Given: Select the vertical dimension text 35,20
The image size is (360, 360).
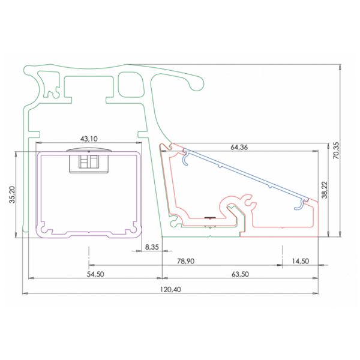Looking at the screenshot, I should pyautogui.click(x=12, y=195).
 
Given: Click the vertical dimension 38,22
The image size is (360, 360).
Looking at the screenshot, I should pyautogui.click(x=323, y=190).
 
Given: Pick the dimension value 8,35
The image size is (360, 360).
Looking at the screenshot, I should pyautogui.click(x=152, y=247).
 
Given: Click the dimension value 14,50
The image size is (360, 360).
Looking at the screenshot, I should pyautogui.click(x=300, y=261).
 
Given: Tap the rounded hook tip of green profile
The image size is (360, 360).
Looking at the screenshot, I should pyautogui.click(x=196, y=84).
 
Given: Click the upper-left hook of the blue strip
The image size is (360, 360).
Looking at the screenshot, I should pyautogui.click(x=187, y=158).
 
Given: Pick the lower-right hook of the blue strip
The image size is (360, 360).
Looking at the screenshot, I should pyautogui.click(x=298, y=206).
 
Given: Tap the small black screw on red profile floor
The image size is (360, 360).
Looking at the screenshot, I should pyautogui.click(x=209, y=218).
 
